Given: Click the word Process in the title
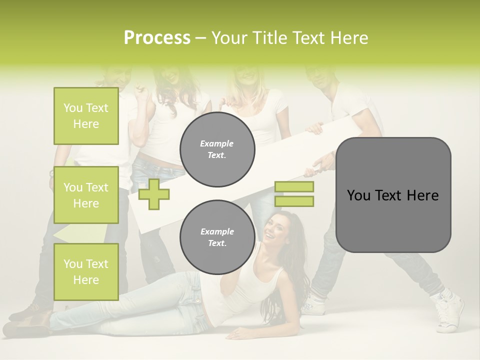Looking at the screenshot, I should [157, 37].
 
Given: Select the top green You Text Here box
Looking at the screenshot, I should [86, 116].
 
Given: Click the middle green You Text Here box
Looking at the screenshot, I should [86, 195].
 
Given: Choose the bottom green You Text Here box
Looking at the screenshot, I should [86, 271].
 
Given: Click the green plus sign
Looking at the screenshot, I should [153, 194].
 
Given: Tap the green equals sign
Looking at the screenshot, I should [294, 194].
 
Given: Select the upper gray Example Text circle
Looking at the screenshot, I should [217, 149].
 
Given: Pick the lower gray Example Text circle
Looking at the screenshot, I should [217, 237].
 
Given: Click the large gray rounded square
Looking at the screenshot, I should [393, 195].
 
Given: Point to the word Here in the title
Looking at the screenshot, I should [350, 37].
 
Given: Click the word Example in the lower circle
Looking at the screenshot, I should [217, 231].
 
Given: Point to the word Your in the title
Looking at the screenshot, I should [228, 37].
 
